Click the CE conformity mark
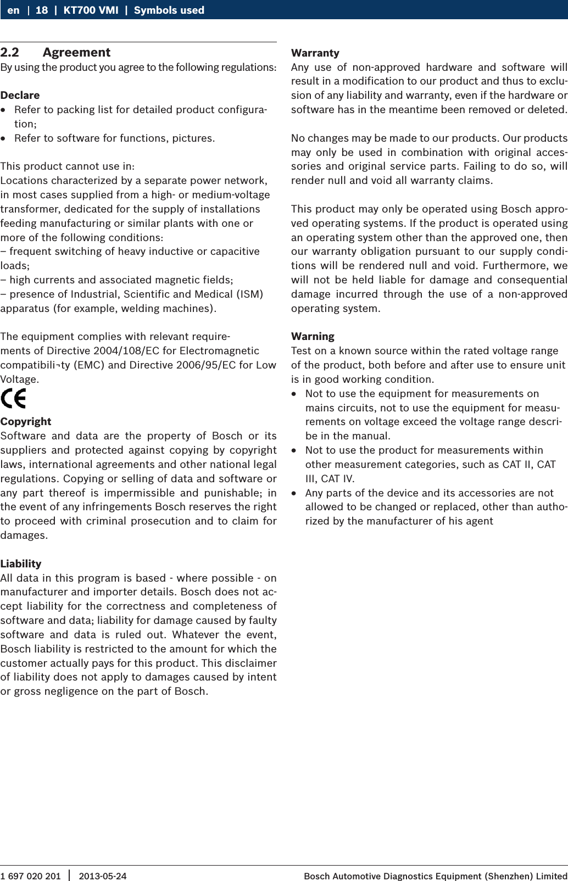[x=13, y=398]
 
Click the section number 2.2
[x=10, y=53]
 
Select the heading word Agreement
[x=76, y=53]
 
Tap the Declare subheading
[x=20, y=95]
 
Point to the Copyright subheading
[x=26, y=421]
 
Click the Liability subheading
[x=21, y=564]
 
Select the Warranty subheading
[x=315, y=53]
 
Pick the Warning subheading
[x=313, y=336]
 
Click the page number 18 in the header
[x=42, y=10]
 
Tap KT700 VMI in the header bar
[x=91, y=10]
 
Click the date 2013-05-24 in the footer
[x=102, y=876]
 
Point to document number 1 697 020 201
[x=31, y=876]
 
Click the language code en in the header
[x=13, y=10]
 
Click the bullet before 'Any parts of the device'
[x=294, y=493]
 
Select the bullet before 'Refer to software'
[x=4, y=138]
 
